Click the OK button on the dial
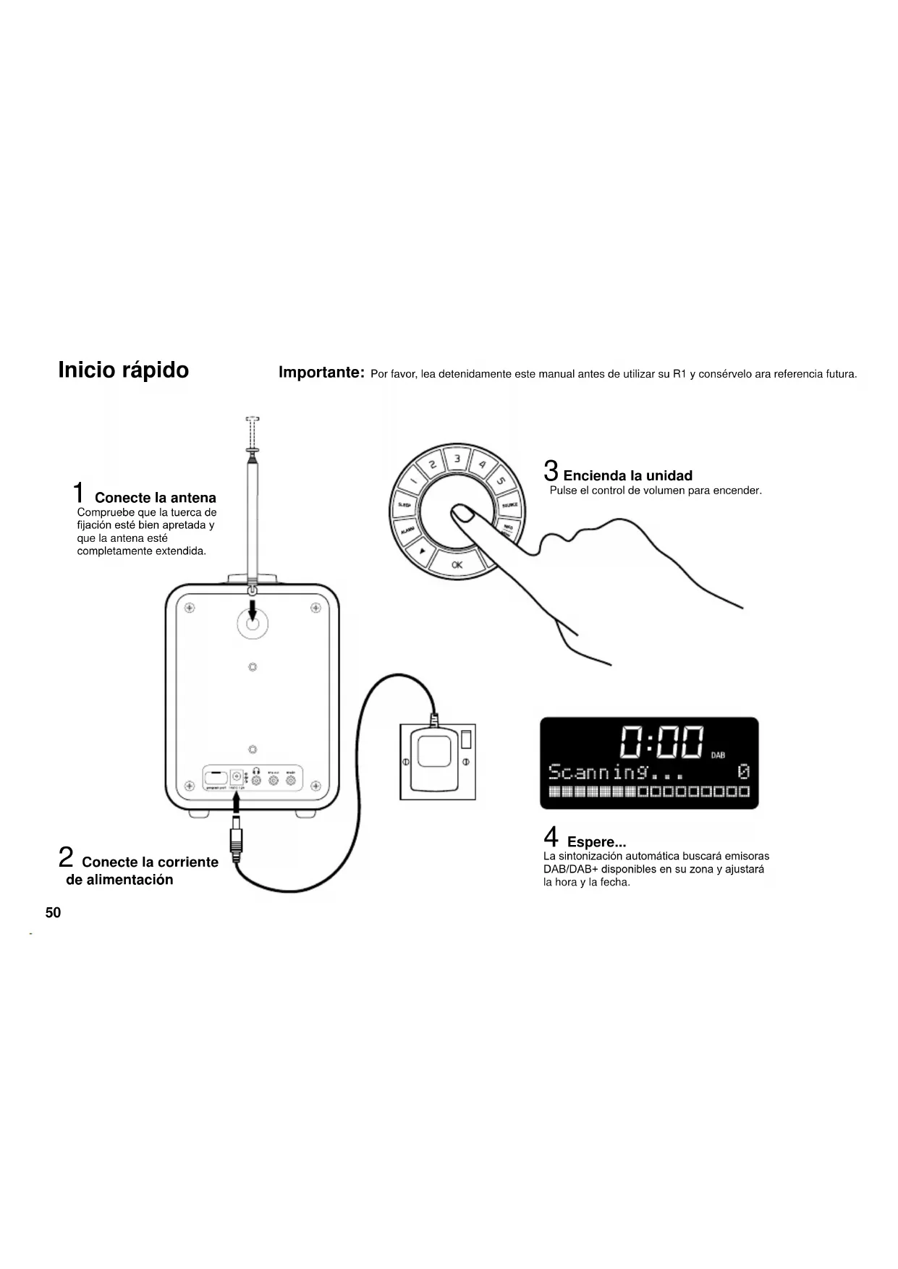tap(457, 564)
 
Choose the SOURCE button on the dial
tap(509, 504)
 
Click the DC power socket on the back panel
tap(236, 776)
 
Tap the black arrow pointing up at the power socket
tap(236, 802)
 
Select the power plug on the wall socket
tap(434, 760)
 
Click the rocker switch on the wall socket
tap(466, 739)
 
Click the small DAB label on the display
tap(718, 755)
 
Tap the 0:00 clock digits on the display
tap(662, 742)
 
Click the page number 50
tap(53, 912)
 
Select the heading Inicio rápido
tap(123, 370)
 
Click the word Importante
tap(321, 373)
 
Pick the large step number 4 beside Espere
tap(551, 837)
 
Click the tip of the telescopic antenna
tap(253, 419)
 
